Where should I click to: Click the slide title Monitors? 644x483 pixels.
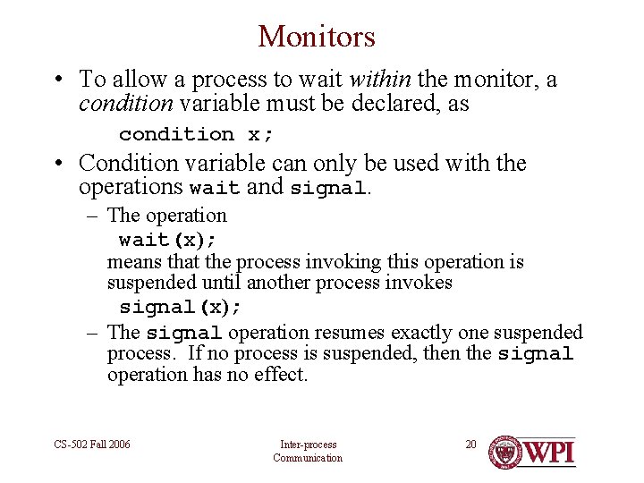317,36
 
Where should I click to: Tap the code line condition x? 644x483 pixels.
197,134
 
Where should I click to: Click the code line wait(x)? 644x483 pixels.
168,240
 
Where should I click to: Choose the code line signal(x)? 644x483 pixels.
181,307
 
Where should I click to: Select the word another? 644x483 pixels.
281,284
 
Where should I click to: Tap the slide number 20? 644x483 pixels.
471,445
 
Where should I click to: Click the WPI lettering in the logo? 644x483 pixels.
549,450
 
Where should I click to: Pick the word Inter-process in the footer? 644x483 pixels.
308,445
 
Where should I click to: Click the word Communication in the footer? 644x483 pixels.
308,458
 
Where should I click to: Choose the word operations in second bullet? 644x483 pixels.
132,189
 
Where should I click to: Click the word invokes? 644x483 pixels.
421,284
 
